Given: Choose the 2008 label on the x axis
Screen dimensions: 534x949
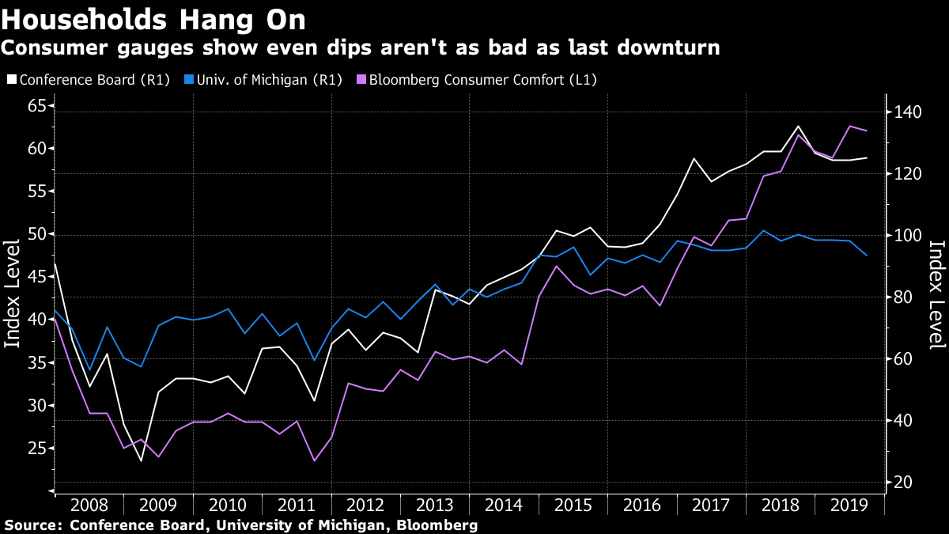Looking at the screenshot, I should point(89,505).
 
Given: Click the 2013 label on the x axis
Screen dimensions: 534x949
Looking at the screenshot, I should point(434,505).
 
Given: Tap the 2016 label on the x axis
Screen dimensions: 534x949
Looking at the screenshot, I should point(641,505).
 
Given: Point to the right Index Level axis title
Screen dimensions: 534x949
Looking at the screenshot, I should point(936,294).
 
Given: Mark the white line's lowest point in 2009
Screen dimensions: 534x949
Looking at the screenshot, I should point(142,460).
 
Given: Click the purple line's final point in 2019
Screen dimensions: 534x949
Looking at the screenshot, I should point(867,131).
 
